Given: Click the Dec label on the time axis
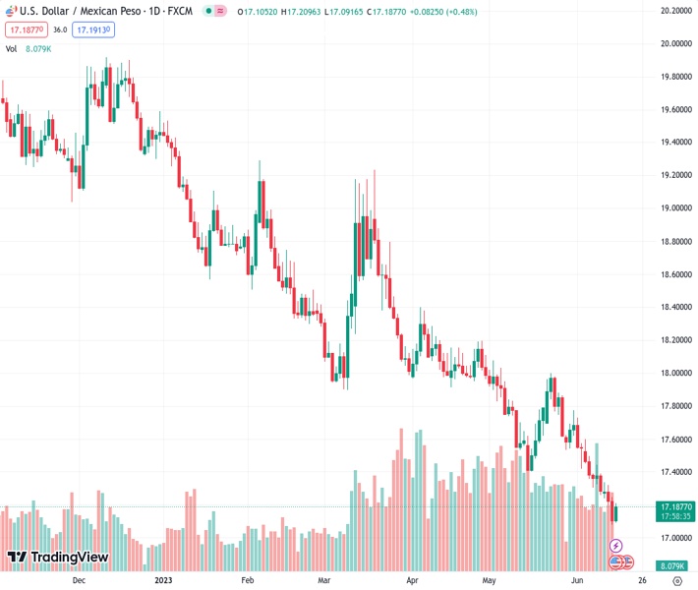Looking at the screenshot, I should [x=80, y=581].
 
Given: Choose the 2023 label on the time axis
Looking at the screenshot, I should [x=165, y=581].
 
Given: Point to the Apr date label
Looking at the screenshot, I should [x=413, y=581].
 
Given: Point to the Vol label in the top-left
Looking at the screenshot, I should [x=12, y=47].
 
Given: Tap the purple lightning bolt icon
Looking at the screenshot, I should [x=616, y=546].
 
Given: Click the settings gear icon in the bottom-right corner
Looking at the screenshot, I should [x=676, y=581].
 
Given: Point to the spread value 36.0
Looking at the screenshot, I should [x=60, y=30].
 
